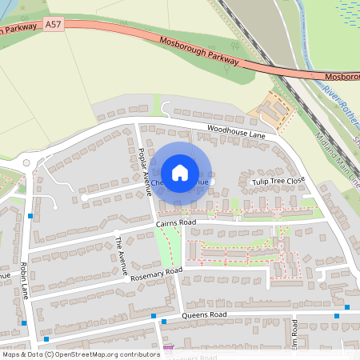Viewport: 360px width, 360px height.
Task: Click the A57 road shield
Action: [x=54, y=26]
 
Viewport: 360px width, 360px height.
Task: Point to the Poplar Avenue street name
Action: [x=145, y=166]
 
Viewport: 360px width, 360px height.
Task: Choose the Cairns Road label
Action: [x=177, y=222]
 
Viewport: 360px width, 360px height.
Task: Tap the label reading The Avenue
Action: [x=121, y=256]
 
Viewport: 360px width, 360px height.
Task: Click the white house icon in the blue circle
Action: [x=180, y=172]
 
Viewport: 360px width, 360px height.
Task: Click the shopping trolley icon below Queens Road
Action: [x=168, y=350]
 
